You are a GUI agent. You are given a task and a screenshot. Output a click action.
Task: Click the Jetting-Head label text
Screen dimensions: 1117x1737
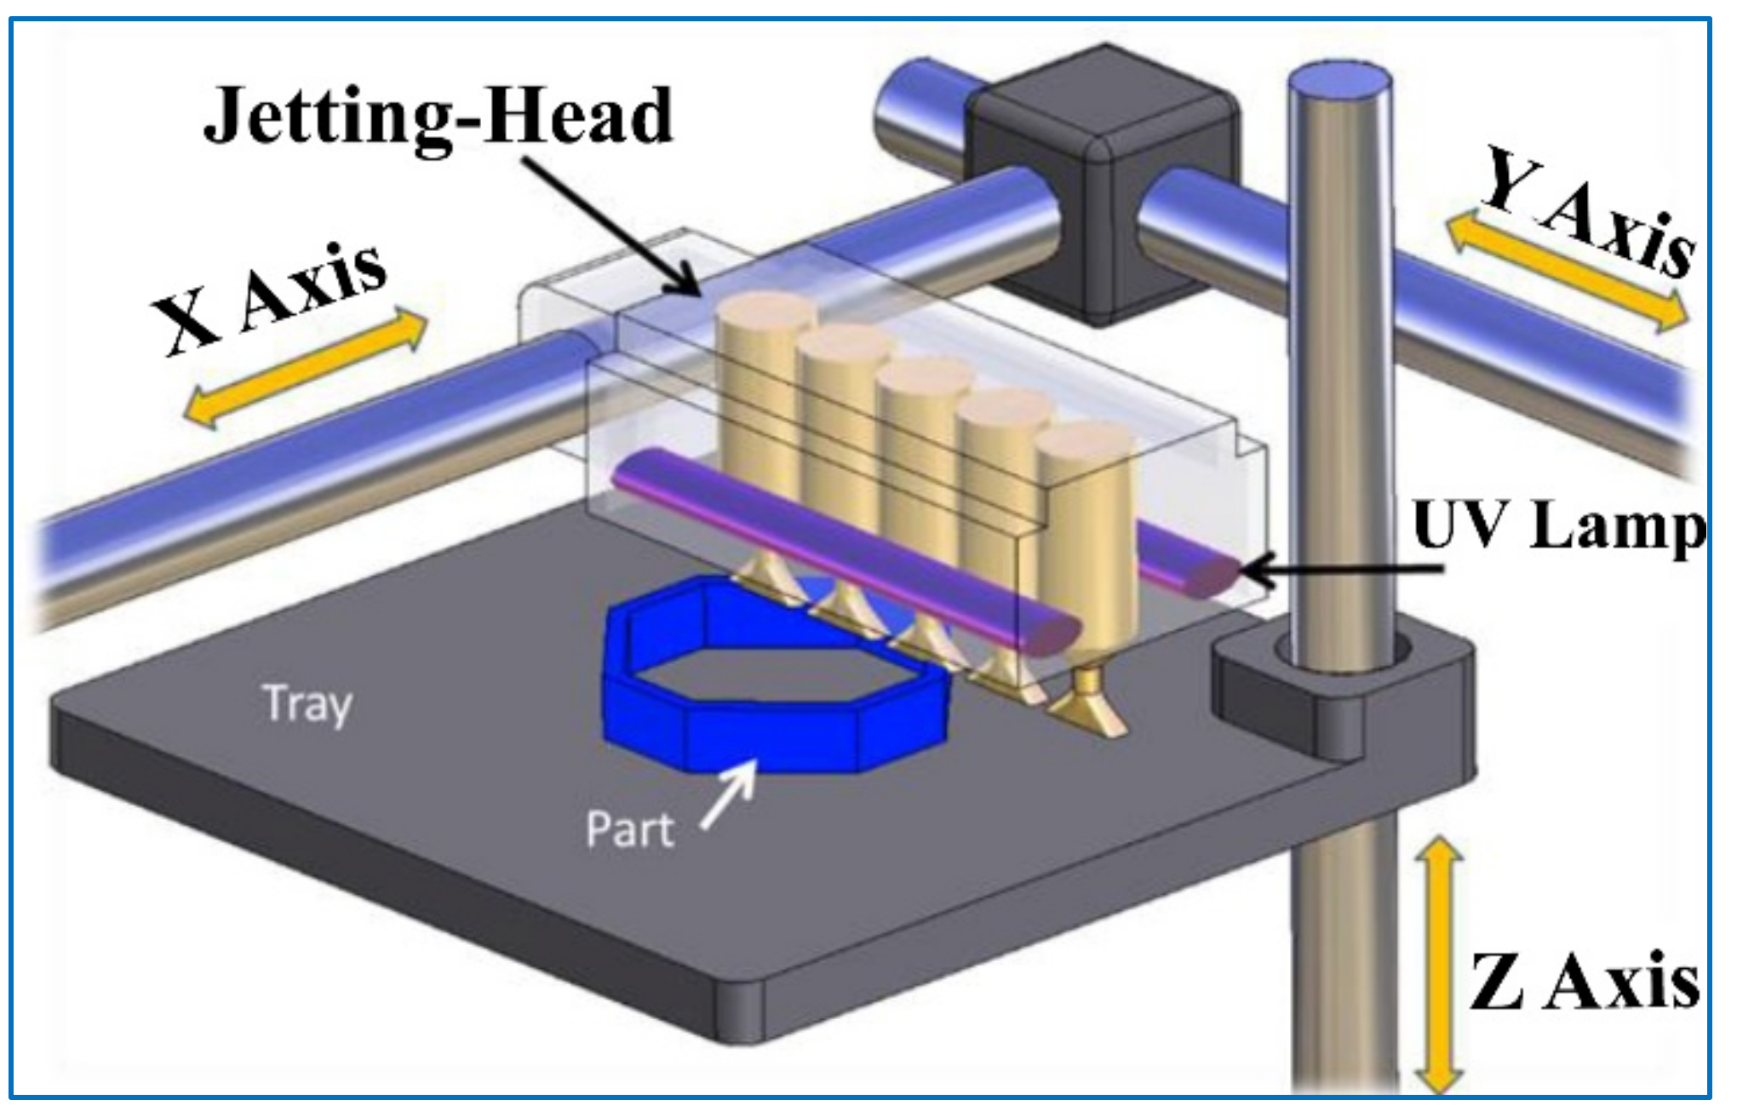click(439, 117)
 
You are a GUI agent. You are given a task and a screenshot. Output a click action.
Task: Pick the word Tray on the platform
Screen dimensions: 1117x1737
click(307, 704)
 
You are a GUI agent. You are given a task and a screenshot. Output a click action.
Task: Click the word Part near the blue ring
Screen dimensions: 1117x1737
click(630, 828)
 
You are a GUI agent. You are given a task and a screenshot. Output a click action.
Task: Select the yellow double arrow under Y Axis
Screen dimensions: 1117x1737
click(1567, 272)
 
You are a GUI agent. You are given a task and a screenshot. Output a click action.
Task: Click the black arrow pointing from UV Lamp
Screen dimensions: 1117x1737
click(1345, 569)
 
